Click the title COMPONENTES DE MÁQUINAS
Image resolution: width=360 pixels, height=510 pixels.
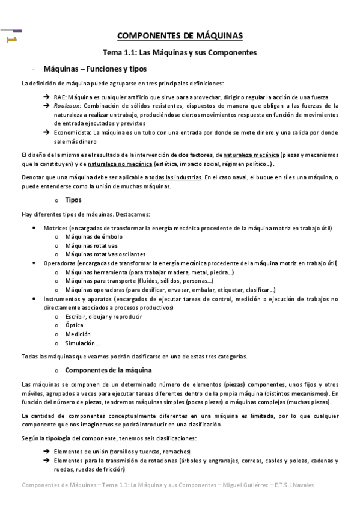179,36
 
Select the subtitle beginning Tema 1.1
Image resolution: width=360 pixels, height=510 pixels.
179,52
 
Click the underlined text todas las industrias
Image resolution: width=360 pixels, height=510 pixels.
174,177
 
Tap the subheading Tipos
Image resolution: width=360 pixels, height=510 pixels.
73,200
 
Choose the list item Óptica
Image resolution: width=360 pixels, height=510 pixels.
74,325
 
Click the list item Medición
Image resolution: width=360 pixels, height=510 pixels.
78,334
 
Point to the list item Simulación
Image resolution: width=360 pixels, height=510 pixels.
82,343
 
